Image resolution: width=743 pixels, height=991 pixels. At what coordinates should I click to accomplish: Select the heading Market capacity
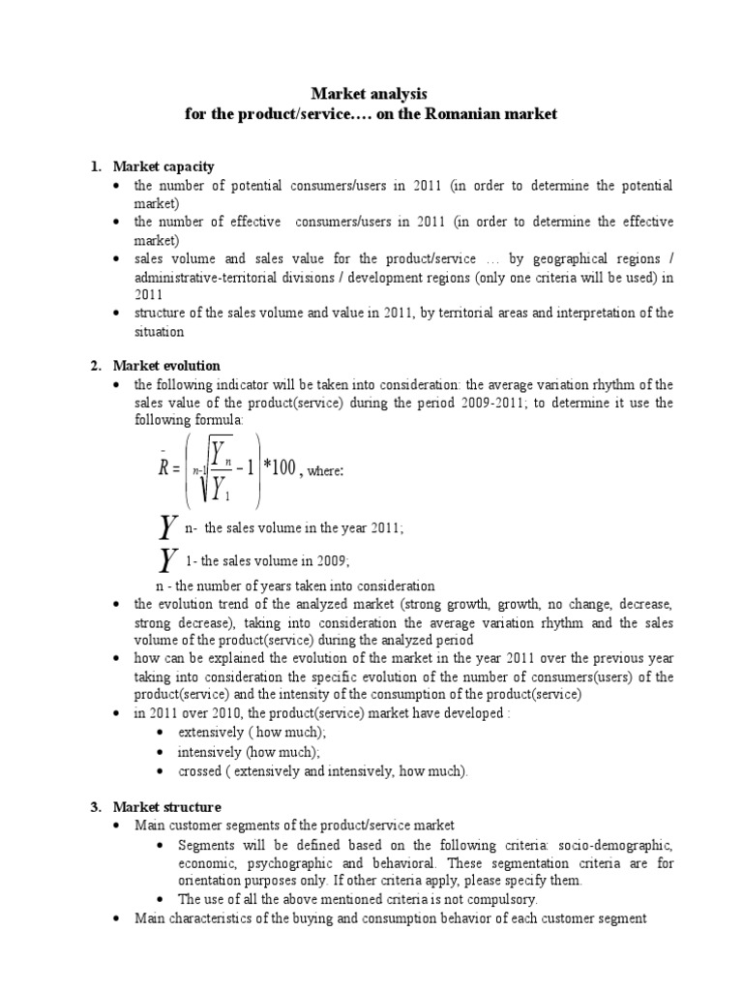(163, 166)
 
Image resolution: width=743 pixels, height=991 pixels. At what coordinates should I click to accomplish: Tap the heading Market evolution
(166, 366)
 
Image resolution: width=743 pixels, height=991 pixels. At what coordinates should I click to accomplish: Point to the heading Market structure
(166, 807)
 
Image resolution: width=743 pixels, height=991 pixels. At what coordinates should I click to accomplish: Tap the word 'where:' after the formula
(327, 471)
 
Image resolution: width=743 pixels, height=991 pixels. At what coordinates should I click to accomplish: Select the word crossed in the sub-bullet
(201, 771)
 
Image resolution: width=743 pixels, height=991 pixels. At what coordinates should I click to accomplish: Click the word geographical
(548, 259)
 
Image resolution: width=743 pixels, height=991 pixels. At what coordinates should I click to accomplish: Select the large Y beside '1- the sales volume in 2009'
(168, 560)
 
